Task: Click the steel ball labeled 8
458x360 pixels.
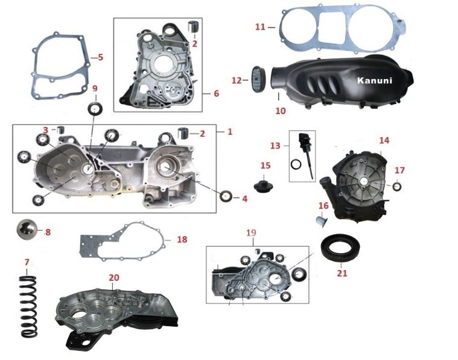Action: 27,230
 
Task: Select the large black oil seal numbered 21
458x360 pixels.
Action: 340,248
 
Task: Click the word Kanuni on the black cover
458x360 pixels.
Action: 375,80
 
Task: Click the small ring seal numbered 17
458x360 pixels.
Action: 396,186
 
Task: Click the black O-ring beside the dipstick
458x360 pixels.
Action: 296,164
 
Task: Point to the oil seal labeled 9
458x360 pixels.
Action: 95,109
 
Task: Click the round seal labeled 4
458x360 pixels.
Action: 226,196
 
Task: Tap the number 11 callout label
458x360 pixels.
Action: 261,27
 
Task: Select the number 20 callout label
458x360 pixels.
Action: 114,277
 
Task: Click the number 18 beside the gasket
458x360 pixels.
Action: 182,239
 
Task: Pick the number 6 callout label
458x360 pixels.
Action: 216,93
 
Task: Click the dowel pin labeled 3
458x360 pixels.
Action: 61,129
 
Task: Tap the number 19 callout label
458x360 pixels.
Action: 251,233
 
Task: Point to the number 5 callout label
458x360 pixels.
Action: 101,57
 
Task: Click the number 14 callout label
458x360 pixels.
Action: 384,140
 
